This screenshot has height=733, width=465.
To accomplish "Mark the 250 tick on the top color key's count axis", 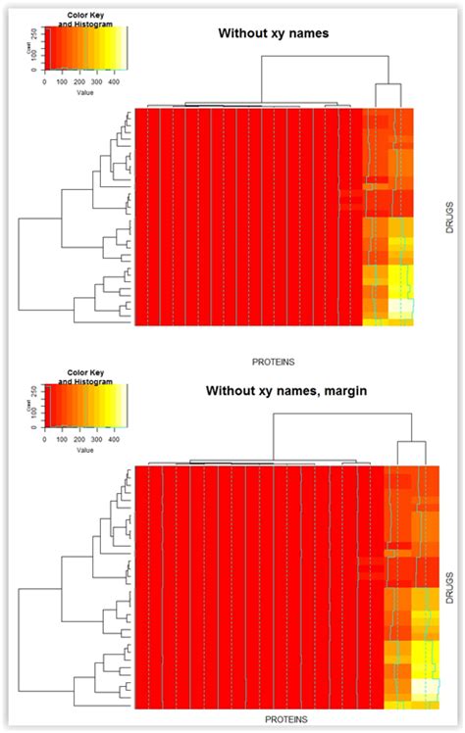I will click(x=36, y=32).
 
